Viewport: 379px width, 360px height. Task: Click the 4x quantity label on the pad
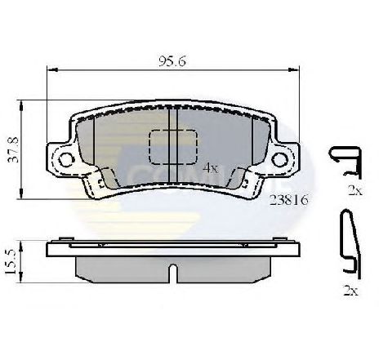[211, 167]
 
